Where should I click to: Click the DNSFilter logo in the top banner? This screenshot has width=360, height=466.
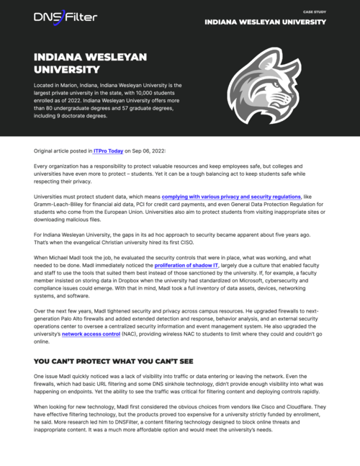(x=65, y=16)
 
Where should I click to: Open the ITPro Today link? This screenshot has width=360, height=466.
(x=108, y=151)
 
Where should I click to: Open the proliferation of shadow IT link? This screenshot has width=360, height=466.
(x=186, y=266)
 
